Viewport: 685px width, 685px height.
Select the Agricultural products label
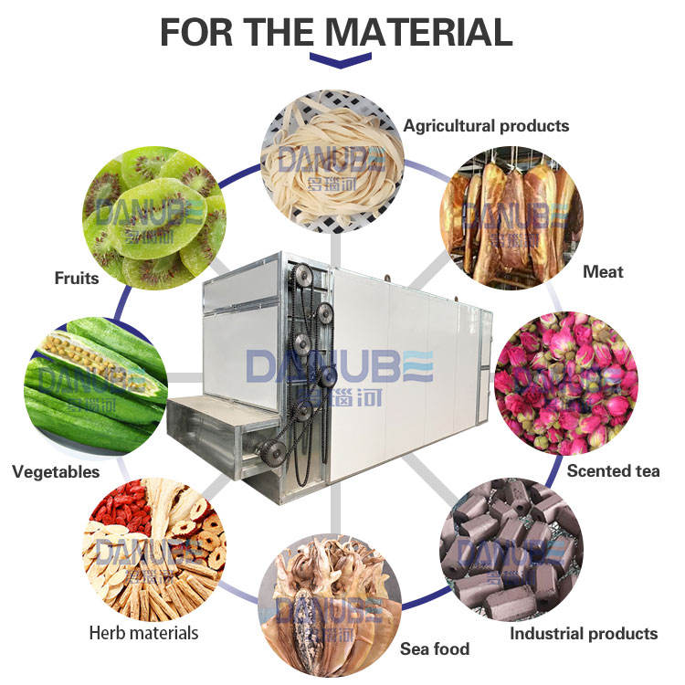pos(486,126)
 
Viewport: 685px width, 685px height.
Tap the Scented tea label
pos(612,471)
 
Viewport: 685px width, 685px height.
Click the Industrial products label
pos(583,633)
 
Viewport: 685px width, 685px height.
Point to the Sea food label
pos(435,649)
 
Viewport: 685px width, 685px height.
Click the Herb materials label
pos(143,632)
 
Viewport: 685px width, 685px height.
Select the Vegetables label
pos(56,472)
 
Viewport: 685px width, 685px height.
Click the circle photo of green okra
pos(96,384)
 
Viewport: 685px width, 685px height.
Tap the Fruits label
pos(76,278)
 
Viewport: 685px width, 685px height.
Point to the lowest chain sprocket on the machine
pos(269,448)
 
